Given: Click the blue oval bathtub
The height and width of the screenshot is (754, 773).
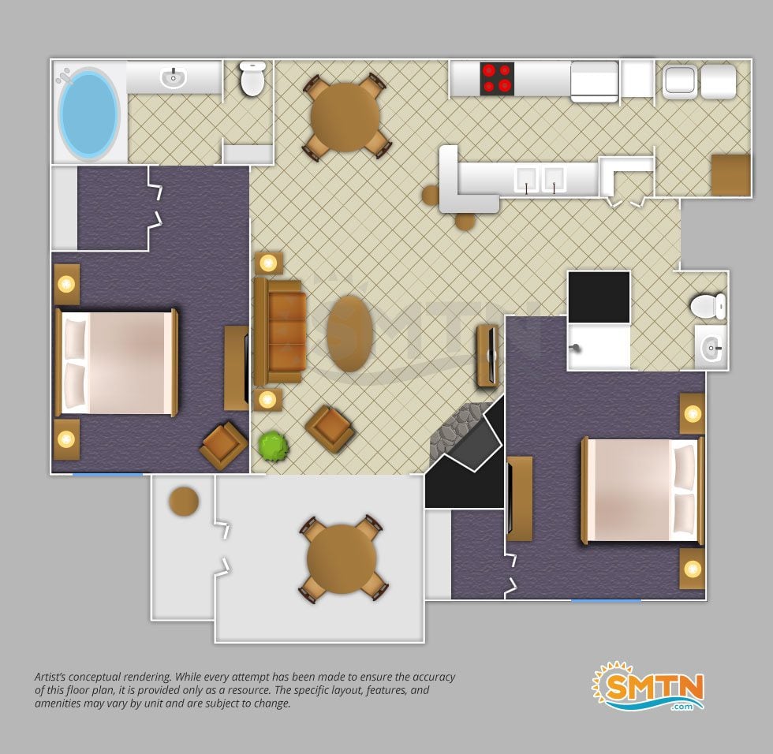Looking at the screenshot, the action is (89, 114).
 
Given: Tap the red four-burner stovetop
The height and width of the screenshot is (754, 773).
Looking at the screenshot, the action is (497, 78).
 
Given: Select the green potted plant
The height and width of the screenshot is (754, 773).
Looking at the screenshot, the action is (273, 446).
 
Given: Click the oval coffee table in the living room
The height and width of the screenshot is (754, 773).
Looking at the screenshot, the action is (349, 333).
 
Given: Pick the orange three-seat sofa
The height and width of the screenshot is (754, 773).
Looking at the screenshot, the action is (279, 332).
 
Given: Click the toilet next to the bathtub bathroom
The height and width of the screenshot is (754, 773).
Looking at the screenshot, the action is (252, 79).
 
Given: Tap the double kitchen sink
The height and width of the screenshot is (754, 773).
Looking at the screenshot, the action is (540, 179).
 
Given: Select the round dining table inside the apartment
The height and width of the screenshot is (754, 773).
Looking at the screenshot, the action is (345, 118).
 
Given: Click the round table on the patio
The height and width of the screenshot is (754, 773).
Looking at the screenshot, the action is (342, 559).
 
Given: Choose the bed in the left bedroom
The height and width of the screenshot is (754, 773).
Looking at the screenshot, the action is (117, 363).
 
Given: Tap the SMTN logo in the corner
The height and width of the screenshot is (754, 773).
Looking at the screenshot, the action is (648, 686).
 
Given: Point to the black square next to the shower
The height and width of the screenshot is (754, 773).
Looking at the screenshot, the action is (599, 297).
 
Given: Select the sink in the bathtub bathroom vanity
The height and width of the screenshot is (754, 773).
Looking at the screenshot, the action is (173, 78).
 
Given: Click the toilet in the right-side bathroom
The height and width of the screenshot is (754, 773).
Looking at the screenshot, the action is (708, 306).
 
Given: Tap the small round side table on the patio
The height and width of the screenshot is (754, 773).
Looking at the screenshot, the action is (184, 501).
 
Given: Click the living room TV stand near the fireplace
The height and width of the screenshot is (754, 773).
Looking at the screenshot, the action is (488, 356).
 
